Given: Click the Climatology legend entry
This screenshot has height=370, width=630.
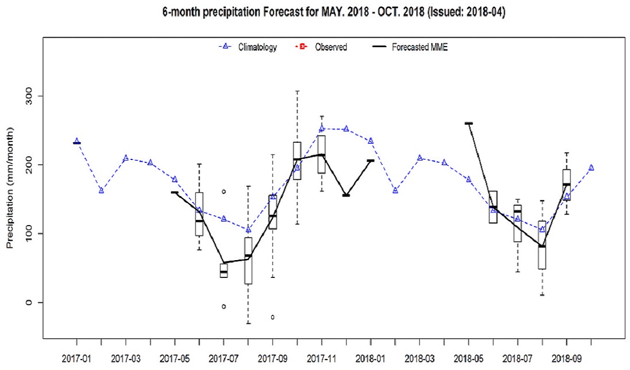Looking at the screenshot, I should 250,47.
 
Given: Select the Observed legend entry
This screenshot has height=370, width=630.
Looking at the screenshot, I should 323,47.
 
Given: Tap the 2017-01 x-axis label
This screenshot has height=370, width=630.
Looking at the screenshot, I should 76,357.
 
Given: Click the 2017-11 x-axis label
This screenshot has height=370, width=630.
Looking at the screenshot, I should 321,357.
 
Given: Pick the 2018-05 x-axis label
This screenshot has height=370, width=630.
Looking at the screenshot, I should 468,357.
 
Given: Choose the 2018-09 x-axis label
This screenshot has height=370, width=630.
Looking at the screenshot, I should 566,357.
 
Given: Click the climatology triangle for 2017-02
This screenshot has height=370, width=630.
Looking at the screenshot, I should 101,190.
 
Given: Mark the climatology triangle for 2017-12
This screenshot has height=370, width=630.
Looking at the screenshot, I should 346,129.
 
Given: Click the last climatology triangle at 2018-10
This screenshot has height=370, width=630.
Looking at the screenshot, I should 591,167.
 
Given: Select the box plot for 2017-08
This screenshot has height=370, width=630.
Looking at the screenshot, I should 248,261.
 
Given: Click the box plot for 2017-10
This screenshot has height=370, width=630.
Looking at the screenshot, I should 297,161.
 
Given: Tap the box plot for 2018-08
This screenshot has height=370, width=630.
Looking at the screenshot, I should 542,245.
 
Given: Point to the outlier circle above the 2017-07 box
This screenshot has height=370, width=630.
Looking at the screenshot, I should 224,192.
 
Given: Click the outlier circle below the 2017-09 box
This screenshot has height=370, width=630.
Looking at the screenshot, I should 273,317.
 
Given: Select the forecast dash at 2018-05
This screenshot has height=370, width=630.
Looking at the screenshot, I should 468,123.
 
